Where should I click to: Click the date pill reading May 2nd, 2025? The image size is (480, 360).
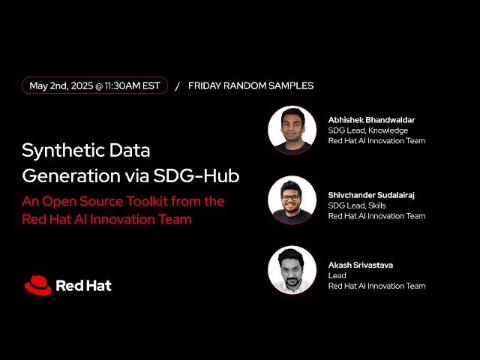pyautogui.click(x=94, y=85)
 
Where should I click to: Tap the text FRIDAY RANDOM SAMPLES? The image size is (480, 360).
pyautogui.click(x=250, y=85)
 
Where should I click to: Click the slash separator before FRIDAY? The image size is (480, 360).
pyautogui.click(x=177, y=86)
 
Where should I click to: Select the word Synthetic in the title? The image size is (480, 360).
pyautogui.click(x=59, y=150)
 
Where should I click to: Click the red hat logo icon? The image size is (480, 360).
pyautogui.click(x=37, y=285)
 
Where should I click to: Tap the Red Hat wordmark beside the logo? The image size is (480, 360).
pyautogui.click(x=83, y=286)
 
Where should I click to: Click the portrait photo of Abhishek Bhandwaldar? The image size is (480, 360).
pyautogui.click(x=292, y=130)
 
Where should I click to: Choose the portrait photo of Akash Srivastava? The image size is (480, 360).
pyautogui.click(x=292, y=270)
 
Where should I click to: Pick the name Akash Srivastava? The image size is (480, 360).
pyautogui.click(x=361, y=265)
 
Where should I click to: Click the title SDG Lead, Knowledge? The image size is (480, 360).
pyautogui.click(x=367, y=130)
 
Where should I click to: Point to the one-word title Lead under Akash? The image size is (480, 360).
pyautogui.click(x=337, y=275)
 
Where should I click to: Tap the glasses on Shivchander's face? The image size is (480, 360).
pyautogui.click(x=292, y=198)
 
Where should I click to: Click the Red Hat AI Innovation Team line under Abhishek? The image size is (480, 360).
pyautogui.click(x=376, y=140)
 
